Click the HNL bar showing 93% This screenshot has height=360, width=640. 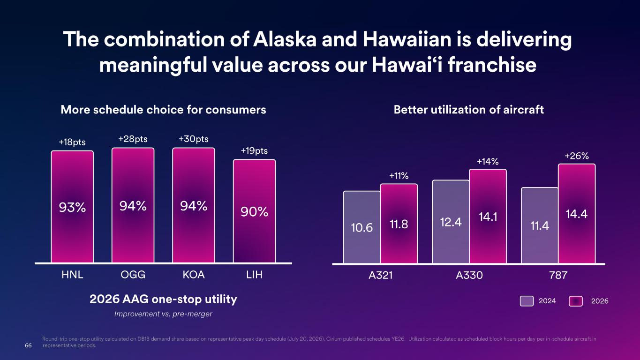click(72, 207)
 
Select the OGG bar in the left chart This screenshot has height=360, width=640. click(133, 205)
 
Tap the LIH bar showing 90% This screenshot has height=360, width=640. click(254, 211)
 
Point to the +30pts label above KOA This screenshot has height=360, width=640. click(194, 139)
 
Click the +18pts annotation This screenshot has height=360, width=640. click(72, 142)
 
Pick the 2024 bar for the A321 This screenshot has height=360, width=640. click(361, 227)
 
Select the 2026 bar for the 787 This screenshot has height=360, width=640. click(577, 213)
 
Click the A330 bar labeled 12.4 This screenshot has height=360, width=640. click(451, 222)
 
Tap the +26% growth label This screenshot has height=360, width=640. click(577, 156)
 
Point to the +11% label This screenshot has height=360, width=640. click(399, 176)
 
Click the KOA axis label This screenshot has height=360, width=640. click(194, 275)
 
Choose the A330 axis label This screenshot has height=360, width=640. click(469, 275)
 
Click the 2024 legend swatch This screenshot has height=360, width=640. click(527, 301)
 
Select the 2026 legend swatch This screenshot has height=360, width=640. click(576, 301)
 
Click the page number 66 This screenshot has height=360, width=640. click(28, 345)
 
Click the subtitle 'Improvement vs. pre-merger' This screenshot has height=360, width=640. click(163, 314)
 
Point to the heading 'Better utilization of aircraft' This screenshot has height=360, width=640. click(468, 110)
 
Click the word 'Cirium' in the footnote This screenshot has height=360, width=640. click(334, 339)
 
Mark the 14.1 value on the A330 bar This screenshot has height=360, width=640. click(488, 217)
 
